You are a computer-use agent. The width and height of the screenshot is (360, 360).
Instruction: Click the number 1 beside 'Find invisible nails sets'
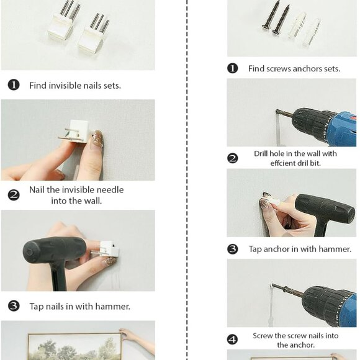(x=14, y=85)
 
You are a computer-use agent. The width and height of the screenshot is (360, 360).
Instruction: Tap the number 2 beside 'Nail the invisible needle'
(x=14, y=195)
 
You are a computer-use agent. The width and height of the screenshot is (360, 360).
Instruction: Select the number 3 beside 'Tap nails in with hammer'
(x=14, y=306)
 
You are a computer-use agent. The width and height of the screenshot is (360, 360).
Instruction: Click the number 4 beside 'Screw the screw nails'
(x=233, y=340)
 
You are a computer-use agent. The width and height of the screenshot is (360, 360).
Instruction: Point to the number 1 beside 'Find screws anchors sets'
(x=233, y=68)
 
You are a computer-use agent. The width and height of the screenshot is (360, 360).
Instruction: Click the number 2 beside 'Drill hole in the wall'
(x=233, y=158)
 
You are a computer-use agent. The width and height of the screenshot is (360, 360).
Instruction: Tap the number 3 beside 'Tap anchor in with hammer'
(x=233, y=249)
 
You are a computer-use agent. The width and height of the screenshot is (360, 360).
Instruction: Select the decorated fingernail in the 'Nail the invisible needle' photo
(x=97, y=139)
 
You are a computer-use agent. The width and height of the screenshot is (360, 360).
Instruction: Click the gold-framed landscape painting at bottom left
(x=74, y=346)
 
